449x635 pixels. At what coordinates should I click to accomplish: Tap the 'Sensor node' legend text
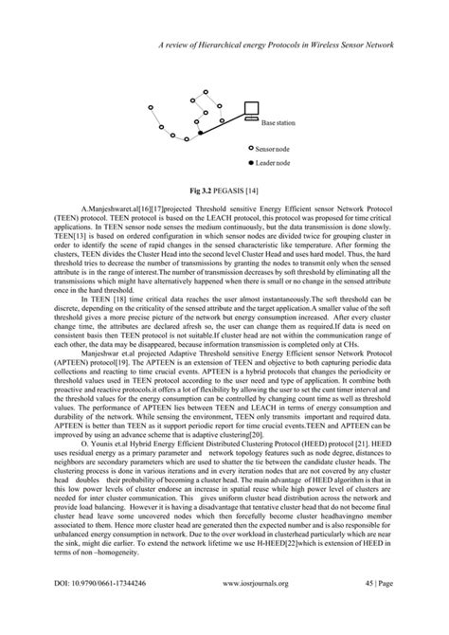[278, 149]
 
